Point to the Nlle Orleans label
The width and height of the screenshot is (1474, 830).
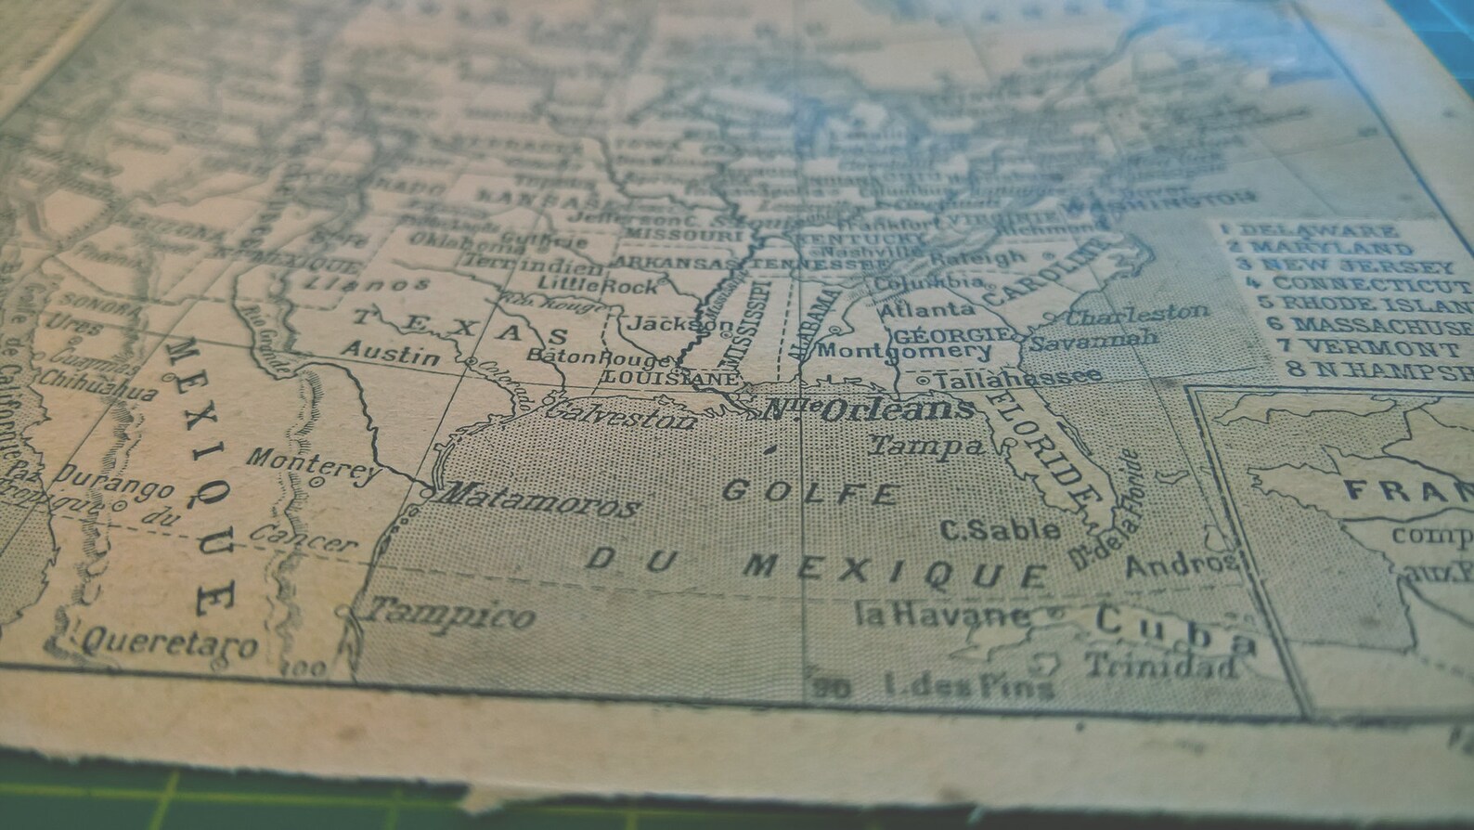point(868,409)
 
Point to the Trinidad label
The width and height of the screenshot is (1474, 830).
point(1160,666)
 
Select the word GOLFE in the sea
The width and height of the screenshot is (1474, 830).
point(810,491)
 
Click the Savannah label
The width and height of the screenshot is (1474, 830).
point(1093,339)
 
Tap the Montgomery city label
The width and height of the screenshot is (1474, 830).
point(905,352)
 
